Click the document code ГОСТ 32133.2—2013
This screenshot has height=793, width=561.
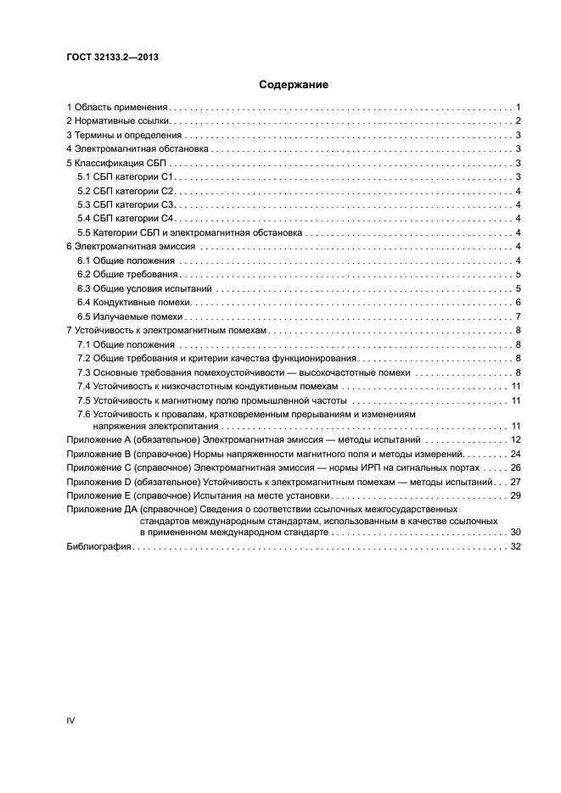click(113, 58)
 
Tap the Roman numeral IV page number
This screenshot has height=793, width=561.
click(70, 720)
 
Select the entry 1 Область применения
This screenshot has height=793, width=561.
click(118, 108)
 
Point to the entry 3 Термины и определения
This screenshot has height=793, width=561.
click(124, 136)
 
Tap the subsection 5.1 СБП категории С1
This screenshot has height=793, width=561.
click(125, 176)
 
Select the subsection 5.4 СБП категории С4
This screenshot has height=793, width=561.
click(125, 219)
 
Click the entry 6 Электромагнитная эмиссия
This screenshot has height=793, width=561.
click(132, 246)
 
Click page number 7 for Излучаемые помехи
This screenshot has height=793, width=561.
click(517, 316)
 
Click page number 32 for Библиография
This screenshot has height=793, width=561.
click(514, 547)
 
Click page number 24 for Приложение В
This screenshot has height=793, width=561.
click(514, 454)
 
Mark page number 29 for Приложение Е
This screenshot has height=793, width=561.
click(514, 495)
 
